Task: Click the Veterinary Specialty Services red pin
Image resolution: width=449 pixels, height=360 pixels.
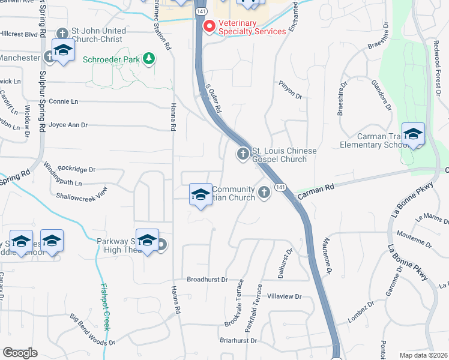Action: [209, 26]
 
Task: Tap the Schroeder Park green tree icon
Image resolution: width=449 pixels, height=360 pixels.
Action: [149, 59]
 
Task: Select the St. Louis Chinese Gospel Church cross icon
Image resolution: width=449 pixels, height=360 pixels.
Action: [243, 155]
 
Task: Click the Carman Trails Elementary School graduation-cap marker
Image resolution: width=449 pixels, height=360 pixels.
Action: [413, 135]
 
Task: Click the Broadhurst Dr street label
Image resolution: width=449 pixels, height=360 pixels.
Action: [207, 280]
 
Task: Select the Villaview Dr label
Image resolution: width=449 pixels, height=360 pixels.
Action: [284, 296]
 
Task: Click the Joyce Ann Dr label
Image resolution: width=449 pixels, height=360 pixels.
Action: [68, 125]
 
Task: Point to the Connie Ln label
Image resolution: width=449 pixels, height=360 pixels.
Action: [64, 102]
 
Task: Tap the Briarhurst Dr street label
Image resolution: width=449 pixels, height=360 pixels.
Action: [238, 340]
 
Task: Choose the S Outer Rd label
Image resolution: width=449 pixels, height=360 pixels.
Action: [214, 100]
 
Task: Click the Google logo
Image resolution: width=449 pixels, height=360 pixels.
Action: [20, 353]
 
